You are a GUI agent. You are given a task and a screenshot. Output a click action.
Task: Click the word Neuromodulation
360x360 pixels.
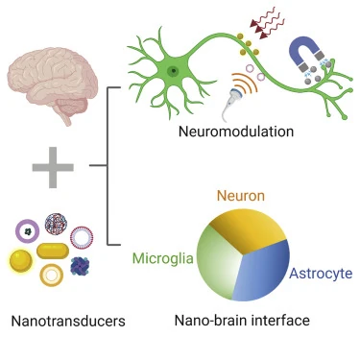click(x=236, y=132)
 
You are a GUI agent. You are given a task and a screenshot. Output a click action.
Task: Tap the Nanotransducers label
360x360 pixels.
click(x=68, y=321)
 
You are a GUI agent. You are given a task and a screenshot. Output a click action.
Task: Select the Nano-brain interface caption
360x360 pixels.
click(x=242, y=320)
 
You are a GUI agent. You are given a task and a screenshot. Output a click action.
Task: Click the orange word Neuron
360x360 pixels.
click(x=241, y=196)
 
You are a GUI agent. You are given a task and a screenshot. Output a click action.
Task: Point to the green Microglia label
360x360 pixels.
click(x=163, y=258)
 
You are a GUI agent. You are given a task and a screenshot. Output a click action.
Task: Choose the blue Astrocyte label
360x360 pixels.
click(x=321, y=274)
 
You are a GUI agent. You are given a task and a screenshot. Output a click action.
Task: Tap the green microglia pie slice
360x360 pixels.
click(x=218, y=262)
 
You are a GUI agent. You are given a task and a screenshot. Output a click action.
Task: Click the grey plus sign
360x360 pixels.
click(x=53, y=167)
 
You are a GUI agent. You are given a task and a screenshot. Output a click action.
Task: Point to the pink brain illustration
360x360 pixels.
click(x=52, y=84)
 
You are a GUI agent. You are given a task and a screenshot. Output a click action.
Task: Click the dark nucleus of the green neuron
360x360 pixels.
click(x=173, y=71)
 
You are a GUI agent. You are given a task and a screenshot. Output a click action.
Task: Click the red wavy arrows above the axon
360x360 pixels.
click(x=265, y=25)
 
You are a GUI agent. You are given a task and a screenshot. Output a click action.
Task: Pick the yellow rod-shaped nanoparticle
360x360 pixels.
click(x=53, y=251)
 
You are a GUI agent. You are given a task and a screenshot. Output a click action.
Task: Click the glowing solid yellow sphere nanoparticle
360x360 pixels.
click(x=21, y=261)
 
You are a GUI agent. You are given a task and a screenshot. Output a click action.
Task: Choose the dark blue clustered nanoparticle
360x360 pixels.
click(x=80, y=266)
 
